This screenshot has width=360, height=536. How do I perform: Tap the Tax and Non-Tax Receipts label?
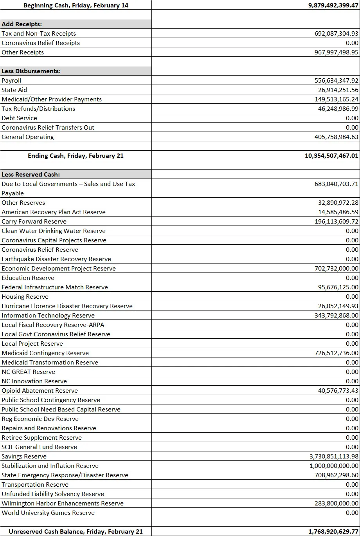pyautogui.click(x=39, y=34)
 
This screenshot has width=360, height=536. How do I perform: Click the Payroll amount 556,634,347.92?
pyautogui.click(x=336, y=81)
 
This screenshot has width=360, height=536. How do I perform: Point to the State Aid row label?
pyautogui.click(x=14, y=90)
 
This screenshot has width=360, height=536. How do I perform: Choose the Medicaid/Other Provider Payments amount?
pyautogui.click(x=336, y=99)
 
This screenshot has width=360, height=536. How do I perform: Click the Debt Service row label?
pyautogui.click(x=20, y=118)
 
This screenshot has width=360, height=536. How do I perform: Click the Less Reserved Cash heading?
pyautogui.click(x=31, y=175)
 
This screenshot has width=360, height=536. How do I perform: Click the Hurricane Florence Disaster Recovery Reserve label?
pyautogui.click(x=67, y=306)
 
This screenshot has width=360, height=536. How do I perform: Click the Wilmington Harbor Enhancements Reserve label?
pyautogui.click(x=63, y=504)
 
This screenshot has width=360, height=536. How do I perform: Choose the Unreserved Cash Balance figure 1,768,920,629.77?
pyautogui.click(x=333, y=532)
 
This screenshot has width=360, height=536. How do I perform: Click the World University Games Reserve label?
pyautogui.click(x=48, y=513)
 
